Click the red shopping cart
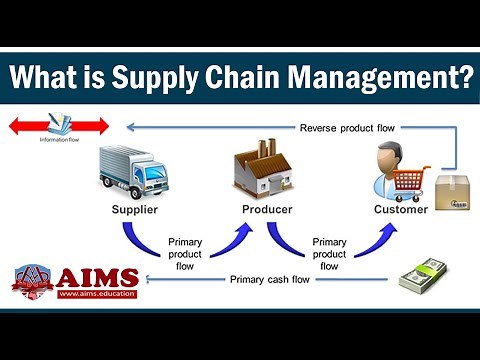[412, 184]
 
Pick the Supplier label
[136, 209]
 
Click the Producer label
[267, 209]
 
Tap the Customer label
[400, 209]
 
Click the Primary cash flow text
[272, 279]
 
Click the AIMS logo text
[94, 278]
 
